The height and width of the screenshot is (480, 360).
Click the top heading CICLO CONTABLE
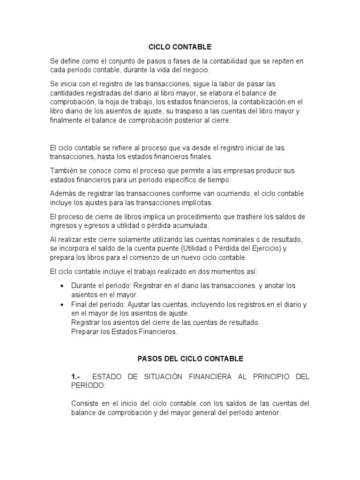click(180, 47)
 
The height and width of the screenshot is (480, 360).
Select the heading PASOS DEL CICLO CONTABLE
click(190, 359)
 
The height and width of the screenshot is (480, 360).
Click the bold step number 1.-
click(76, 377)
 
